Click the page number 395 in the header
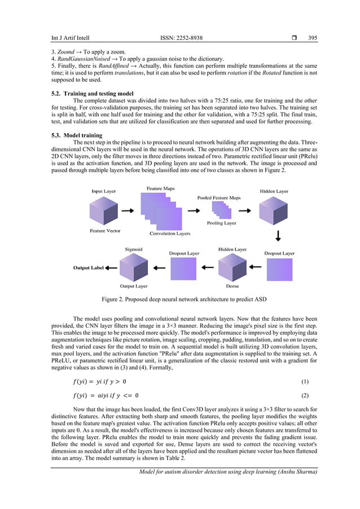tap(313, 38)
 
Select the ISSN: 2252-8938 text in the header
tap(181, 38)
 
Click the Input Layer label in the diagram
tap(104, 191)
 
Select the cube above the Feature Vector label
tap(104, 210)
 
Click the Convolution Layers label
tap(170, 233)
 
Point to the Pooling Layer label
tap(222, 223)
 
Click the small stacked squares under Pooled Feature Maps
tap(220, 210)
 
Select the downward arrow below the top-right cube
tap(278, 235)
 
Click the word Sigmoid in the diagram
tap(133, 249)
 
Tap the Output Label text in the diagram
tap(89, 267)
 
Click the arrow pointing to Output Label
tap(111, 267)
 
